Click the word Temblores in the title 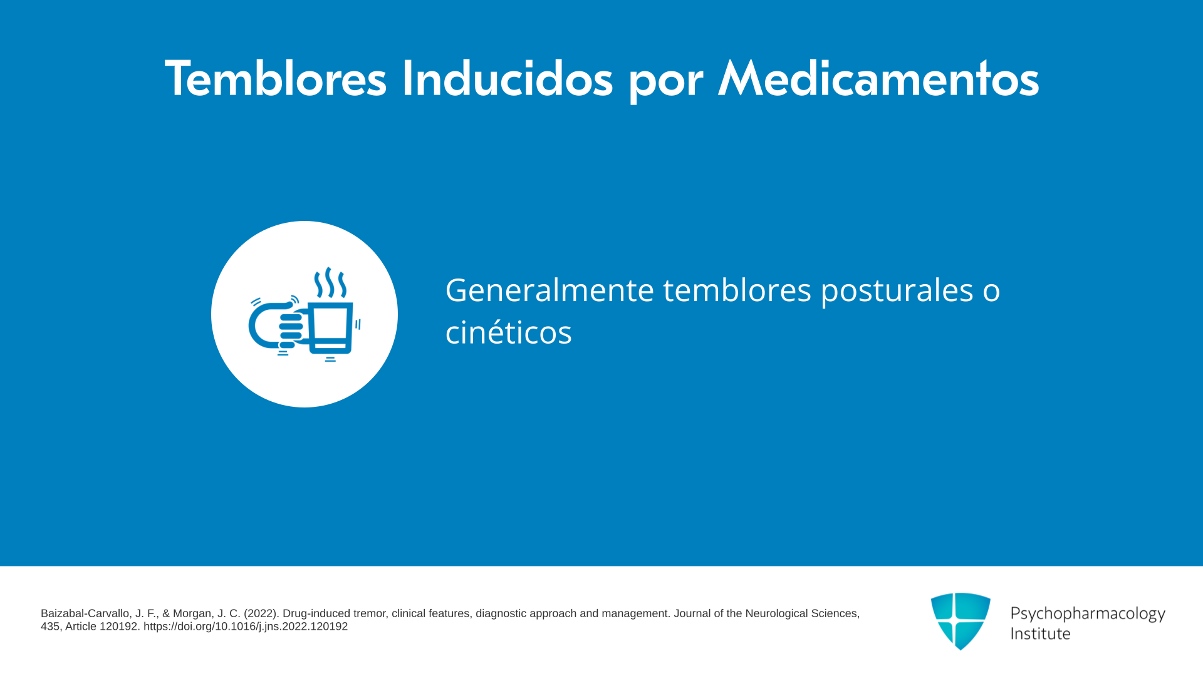pyautogui.click(x=276, y=78)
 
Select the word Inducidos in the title pyautogui.click(x=507, y=78)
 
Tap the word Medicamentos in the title pyautogui.click(x=878, y=78)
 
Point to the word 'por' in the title pyautogui.click(x=665, y=85)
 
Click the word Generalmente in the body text pyautogui.click(x=549, y=290)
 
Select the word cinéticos pyautogui.click(x=508, y=332)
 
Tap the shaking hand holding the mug pyautogui.click(x=279, y=324)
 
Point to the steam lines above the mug pyautogui.click(x=330, y=283)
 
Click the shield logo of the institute pyautogui.click(x=961, y=621)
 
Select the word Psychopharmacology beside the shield pyautogui.click(x=1088, y=614)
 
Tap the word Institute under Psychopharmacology pyautogui.click(x=1040, y=633)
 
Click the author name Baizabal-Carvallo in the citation pyautogui.click(x=86, y=614)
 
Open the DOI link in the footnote pyautogui.click(x=246, y=627)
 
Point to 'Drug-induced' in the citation pyautogui.click(x=316, y=614)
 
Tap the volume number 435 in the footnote pyautogui.click(x=50, y=627)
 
